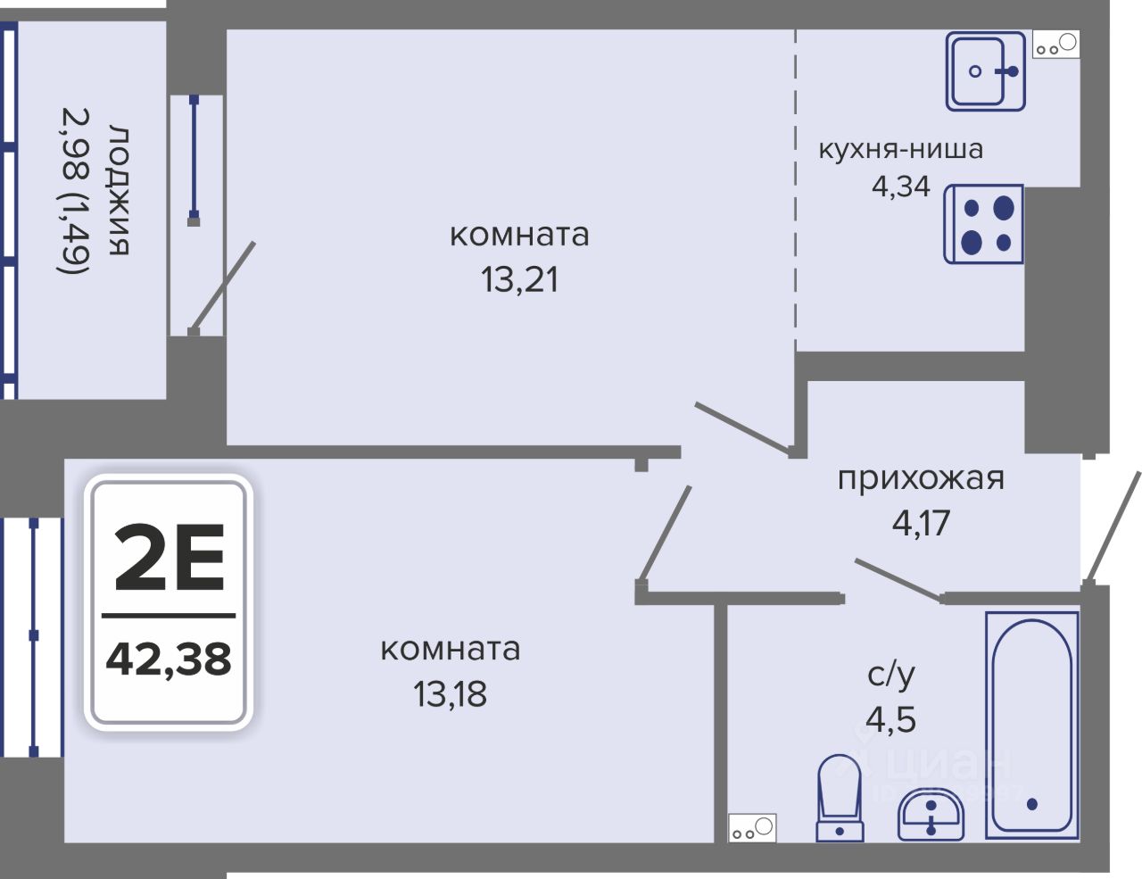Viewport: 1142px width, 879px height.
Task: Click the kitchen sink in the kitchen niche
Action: (985, 71)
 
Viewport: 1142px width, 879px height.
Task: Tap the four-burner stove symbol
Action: (984, 224)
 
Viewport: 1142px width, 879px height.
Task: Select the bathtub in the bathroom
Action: (1032, 725)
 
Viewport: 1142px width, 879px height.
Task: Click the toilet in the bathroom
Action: (840, 797)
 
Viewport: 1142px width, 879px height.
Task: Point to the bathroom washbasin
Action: (931, 814)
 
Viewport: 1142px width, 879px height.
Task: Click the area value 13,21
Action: (519, 280)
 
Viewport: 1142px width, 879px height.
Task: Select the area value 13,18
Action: (450, 693)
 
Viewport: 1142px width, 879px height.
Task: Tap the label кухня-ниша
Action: (901, 149)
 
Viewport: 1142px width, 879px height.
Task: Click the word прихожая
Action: (921, 478)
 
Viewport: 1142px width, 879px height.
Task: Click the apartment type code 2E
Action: (170, 558)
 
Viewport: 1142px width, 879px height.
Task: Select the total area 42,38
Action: (169, 659)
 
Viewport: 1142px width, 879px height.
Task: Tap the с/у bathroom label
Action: (890, 676)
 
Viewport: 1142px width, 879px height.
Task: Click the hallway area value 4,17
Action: (921, 522)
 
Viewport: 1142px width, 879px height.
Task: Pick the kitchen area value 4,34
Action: (900, 187)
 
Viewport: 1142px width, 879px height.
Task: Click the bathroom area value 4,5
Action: (890, 719)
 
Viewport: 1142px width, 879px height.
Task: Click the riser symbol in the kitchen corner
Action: (1055, 45)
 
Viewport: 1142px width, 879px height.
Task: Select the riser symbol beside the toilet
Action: (752, 829)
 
